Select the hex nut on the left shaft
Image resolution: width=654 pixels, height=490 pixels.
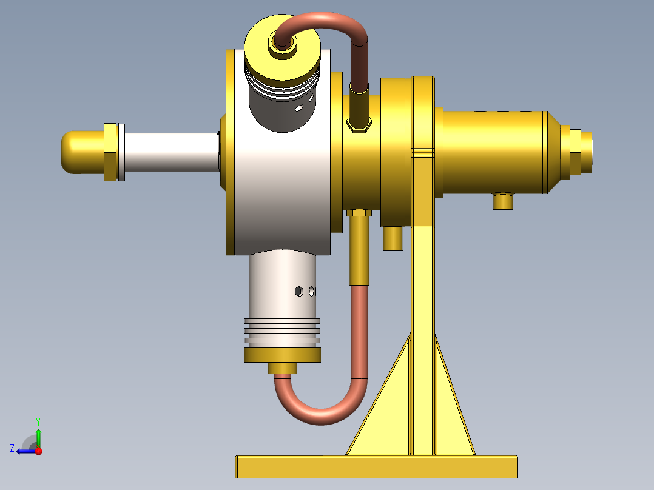pos(110,152)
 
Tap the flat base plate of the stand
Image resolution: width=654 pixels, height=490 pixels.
pos(376,467)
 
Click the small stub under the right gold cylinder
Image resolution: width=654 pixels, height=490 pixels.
pos(503,201)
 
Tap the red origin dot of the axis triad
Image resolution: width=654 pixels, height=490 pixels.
pos(38,451)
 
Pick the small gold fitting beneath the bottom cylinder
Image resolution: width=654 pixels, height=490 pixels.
pos(283,367)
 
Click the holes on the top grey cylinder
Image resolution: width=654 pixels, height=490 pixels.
pos(303,103)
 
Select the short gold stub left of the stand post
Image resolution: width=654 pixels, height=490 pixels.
pos(393,238)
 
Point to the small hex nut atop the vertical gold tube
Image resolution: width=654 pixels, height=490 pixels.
pos(359,213)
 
